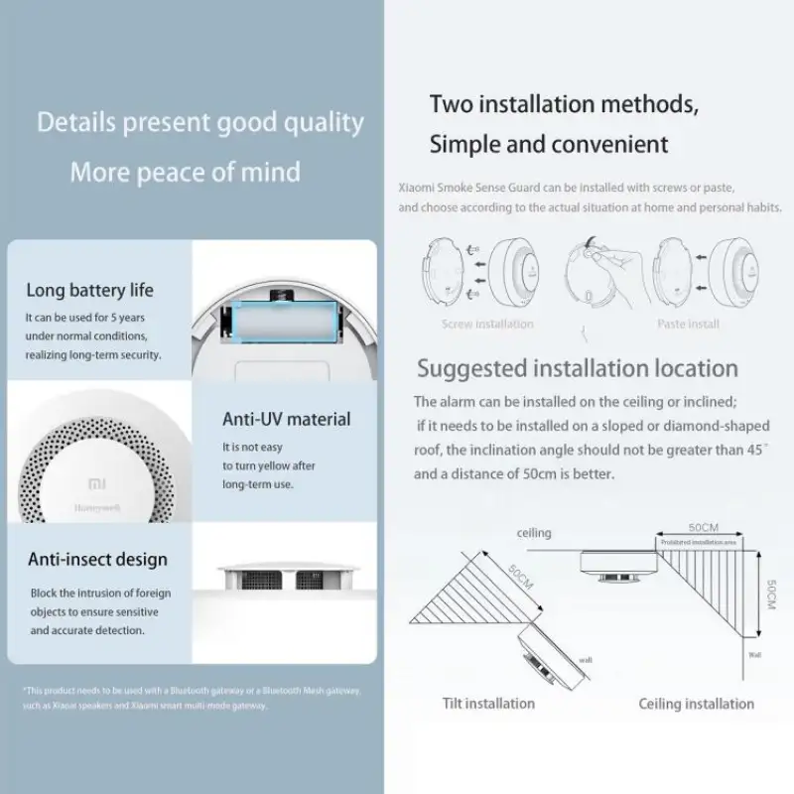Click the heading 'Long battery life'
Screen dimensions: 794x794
click(90, 291)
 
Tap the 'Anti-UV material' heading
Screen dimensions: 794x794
click(286, 419)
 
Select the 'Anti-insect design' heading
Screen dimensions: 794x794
click(97, 560)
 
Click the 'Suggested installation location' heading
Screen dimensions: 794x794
click(577, 368)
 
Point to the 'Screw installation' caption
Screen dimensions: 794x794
click(487, 324)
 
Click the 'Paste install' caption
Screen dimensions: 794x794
click(688, 324)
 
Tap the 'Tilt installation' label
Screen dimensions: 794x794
click(488, 704)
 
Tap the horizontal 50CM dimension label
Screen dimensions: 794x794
click(702, 527)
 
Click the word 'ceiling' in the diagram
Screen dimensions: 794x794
click(534, 533)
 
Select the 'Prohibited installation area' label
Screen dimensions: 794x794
click(700, 543)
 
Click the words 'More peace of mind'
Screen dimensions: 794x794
click(185, 172)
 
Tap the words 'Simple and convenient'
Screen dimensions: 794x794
click(549, 144)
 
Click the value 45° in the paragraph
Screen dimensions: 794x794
click(757, 450)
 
